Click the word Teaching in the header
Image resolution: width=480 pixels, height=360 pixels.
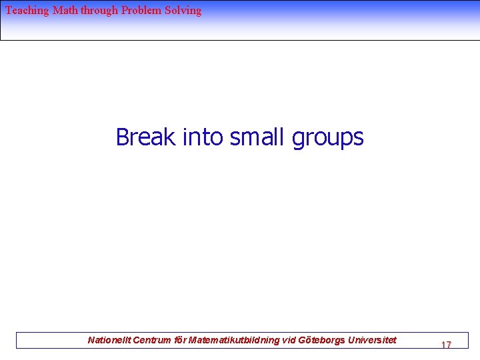[27, 11]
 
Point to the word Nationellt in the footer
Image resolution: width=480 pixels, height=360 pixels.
[109, 341]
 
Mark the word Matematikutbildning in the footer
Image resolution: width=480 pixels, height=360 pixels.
[233, 341]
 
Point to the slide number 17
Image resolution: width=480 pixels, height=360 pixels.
[446, 345]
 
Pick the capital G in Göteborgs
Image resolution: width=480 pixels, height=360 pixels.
[303, 341]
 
